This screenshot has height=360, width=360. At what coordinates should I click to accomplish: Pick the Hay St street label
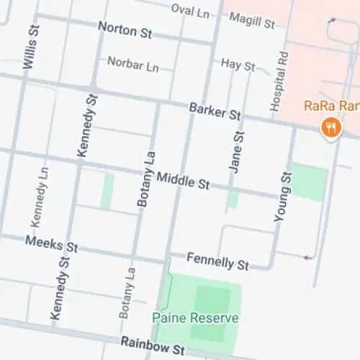[x=238, y=65]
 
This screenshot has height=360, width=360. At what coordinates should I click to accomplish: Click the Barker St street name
[x=215, y=111]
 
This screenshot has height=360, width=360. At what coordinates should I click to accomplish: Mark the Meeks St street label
[x=51, y=243]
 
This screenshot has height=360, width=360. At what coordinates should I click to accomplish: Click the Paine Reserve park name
[x=194, y=318]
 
